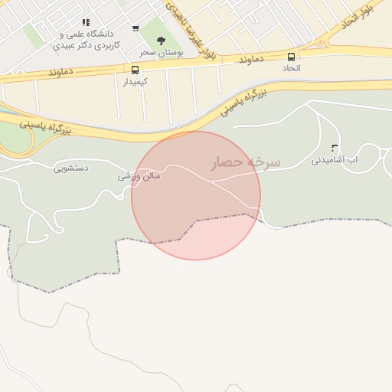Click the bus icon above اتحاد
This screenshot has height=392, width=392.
291,57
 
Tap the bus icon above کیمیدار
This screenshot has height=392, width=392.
136,70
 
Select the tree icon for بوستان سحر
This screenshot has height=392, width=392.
161,41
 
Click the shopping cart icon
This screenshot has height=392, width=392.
136,28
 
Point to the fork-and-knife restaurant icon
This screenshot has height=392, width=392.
86,23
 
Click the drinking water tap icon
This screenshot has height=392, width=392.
334,148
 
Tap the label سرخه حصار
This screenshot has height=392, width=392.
246,163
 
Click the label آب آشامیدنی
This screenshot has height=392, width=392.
335,161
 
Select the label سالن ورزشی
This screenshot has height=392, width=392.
139,175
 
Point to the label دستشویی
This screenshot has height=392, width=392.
70,167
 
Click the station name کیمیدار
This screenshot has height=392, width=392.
136,80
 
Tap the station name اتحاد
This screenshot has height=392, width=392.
291,68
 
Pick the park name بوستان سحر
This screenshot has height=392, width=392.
158,52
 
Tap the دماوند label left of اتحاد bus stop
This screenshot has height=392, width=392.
251,59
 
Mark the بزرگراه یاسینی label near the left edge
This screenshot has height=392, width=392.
44,126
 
